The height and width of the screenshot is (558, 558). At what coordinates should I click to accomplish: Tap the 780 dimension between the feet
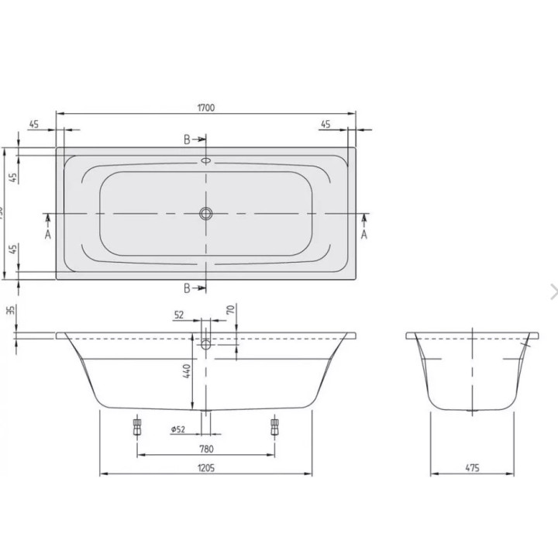205,448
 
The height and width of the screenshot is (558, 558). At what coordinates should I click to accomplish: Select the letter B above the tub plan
187,139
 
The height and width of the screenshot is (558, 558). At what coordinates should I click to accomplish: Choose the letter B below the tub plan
187,288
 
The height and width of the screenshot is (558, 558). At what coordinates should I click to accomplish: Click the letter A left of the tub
47,234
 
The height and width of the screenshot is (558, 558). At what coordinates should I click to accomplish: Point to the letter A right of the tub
364,234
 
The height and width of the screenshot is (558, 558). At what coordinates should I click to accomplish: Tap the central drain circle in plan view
205,213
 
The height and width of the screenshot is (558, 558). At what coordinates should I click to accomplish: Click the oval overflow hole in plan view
205,161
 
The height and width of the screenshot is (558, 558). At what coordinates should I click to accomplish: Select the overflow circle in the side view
205,345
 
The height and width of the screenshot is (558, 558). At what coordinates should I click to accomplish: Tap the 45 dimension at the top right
325,124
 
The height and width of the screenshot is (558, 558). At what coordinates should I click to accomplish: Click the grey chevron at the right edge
553,291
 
